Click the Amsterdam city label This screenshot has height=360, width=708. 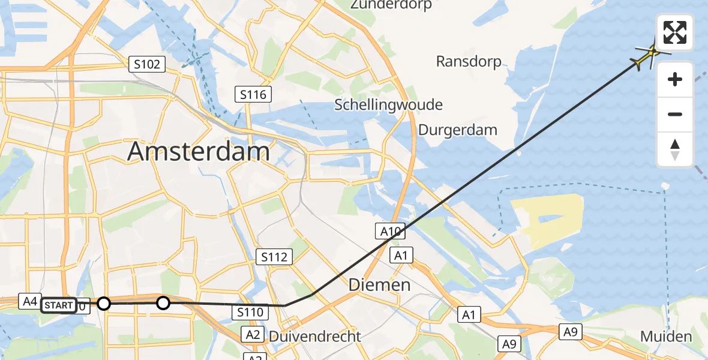pos(198,152)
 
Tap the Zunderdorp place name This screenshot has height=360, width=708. pos(393,5)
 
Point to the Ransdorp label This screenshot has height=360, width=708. pos(469,61)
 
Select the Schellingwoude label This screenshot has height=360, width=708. pos(388,104)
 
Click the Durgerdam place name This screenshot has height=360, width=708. pos(458,130)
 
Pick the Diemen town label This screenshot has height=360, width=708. pos(380,285)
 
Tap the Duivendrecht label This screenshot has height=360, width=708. pos(315,336)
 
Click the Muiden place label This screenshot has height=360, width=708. pos(666,337)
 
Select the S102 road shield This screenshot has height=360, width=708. pos(147,64)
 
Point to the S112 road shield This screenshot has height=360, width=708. pos(274,257)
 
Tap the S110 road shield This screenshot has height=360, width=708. pos(250,312)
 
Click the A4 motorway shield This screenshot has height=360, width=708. pos(30,301)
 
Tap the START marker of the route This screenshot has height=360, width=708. pos(59,305)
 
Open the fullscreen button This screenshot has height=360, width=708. pos(675,32)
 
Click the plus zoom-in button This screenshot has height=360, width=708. pos(675,79)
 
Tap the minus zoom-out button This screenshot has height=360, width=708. pos(675,114)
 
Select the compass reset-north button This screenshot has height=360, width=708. pos(675,149)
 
